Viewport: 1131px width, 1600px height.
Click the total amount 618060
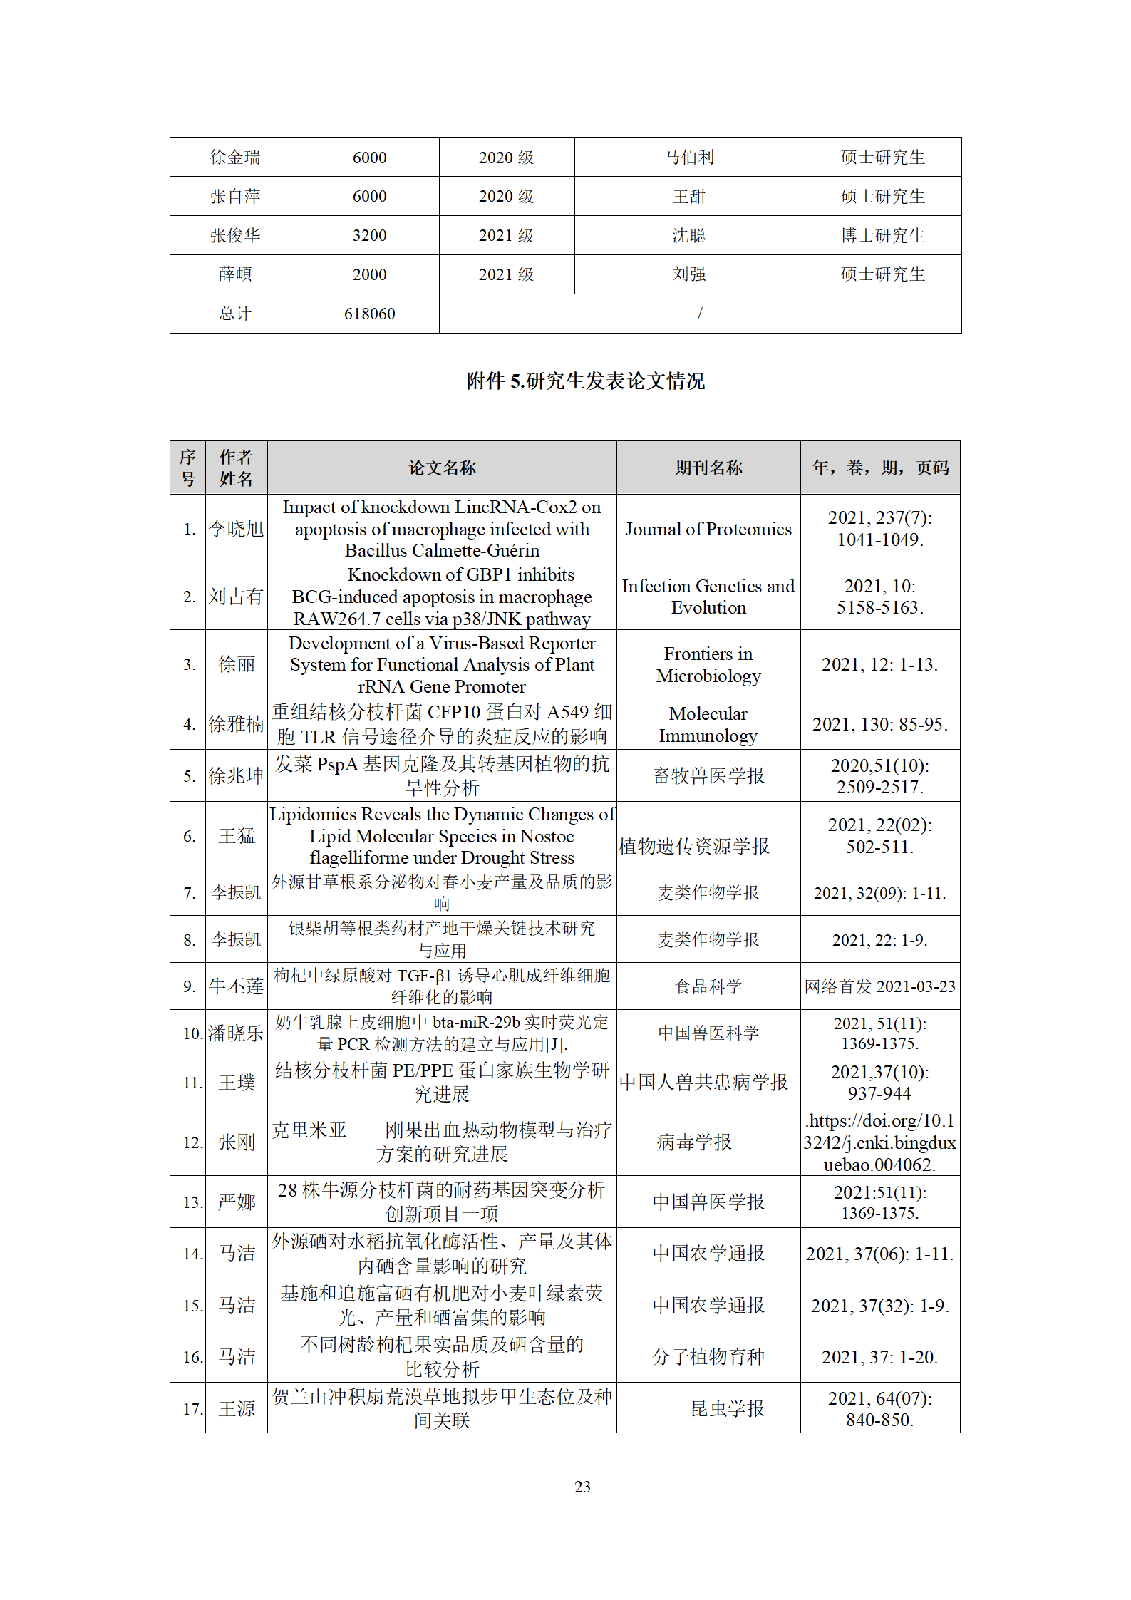[x=369, y=314]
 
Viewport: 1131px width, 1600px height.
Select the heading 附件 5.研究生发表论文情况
[x=585, y=381]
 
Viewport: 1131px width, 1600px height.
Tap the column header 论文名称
[x=442, y=468]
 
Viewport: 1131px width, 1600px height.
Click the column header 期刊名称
[x=708, y=468]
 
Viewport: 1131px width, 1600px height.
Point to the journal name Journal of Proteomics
[x=708, y=529]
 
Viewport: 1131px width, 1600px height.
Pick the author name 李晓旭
[x=236, y=529]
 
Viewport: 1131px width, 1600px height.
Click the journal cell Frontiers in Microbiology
[x=708, y=664]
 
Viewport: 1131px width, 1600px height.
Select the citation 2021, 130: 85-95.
[x=879, y=724]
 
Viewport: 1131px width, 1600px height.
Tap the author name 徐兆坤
[x=236, y=775]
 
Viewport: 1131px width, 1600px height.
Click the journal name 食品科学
[x=708, y=986]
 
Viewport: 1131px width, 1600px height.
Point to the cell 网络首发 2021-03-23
[x=879, y=986]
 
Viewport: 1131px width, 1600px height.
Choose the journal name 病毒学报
[x=693, y=1142]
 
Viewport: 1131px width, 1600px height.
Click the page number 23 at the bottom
[x=582, y=1487]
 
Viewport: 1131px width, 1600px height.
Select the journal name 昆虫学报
[x=727, y=1408]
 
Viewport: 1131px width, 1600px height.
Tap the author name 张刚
[x=236, y=1142]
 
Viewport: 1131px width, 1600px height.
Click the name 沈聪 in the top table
[x=688, y=235]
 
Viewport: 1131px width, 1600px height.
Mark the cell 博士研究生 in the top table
[x=882, y=235]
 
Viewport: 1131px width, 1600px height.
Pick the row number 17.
[x=192, y=1409]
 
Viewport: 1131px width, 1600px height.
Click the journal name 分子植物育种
[x=708, y=1357]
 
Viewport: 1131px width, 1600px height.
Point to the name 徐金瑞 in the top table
[x=235, y=157]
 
